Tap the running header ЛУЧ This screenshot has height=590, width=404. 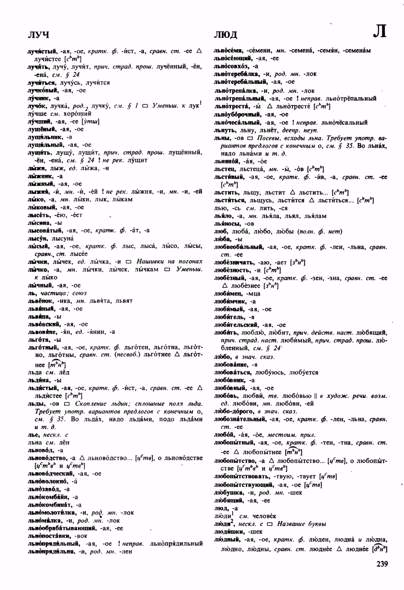coord(38,35)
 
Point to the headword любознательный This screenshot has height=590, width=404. coord(239,419)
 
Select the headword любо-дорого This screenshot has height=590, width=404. coord(233,411)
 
